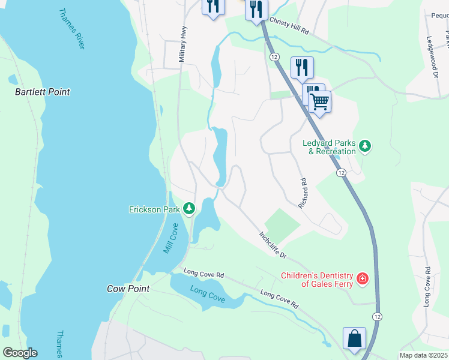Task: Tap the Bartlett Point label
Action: [x=42, y=92]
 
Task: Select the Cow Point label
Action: [x=128, y=289]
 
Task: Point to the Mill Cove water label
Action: [x=171, y=239]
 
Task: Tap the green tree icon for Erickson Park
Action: [x=189, y=209]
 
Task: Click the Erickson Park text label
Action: [x=154, y=209]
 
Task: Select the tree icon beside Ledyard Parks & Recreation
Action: [x=364, y=145]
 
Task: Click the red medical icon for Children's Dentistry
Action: [x=362, y=278]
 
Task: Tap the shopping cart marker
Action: [x=319, y=101]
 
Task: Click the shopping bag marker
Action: [x=354, y=338]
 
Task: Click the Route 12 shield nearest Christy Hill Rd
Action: [x=274, y=56]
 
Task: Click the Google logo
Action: [x=20, y=353]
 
